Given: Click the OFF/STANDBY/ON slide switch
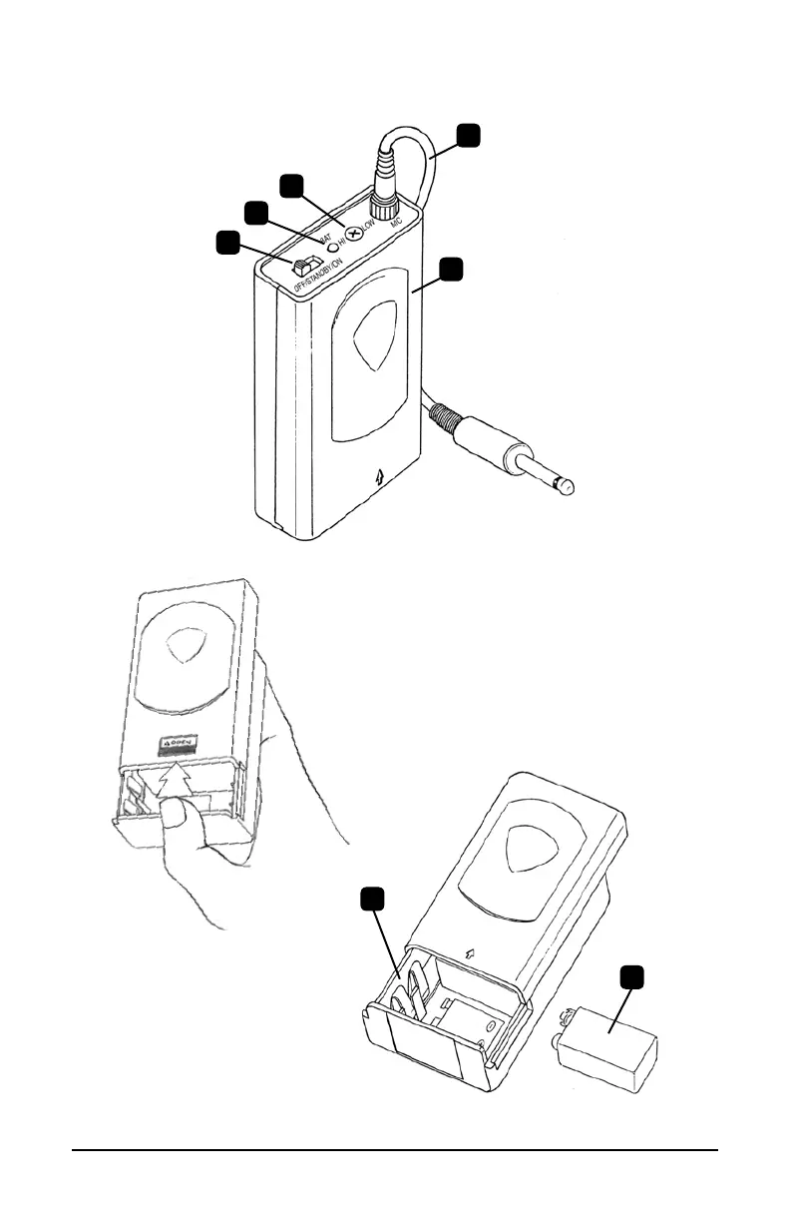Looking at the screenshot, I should (x=300, y=266).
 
